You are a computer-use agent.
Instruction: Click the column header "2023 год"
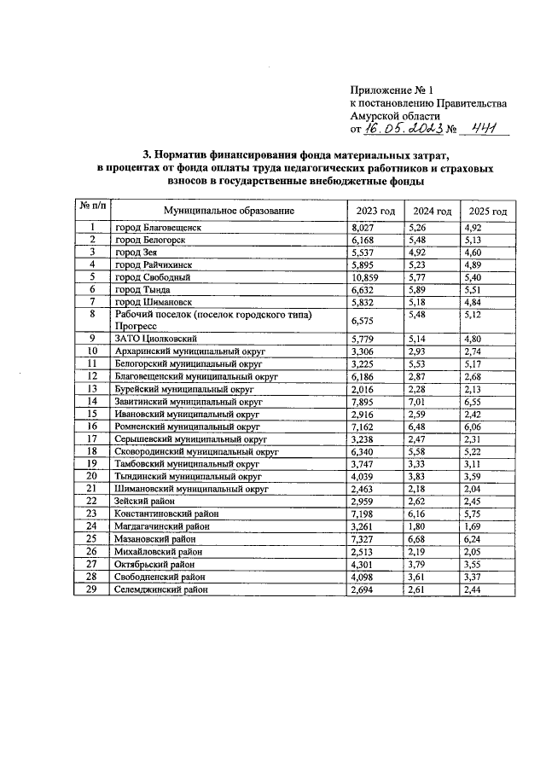[x=374, y=211]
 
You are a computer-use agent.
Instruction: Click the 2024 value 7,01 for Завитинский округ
[x=417, y=400]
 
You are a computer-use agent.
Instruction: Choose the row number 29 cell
[x=92, y=589]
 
